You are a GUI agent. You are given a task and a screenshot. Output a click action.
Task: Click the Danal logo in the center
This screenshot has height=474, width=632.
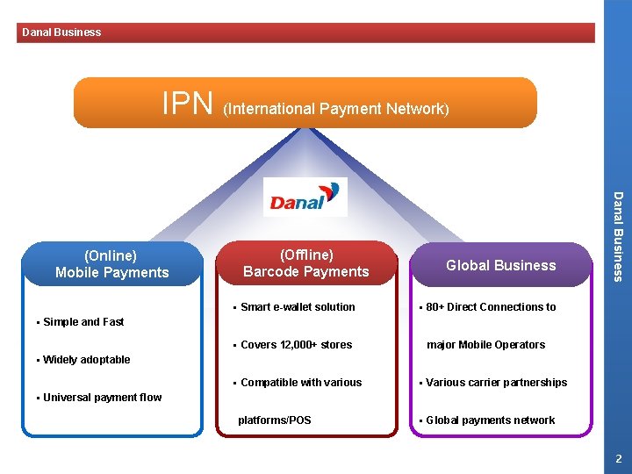[x=305, y=197]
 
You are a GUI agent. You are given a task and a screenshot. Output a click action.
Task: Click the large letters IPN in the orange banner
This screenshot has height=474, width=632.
[x=188, y=104]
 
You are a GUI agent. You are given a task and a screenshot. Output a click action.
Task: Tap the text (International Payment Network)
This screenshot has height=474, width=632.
[x=336, y=109]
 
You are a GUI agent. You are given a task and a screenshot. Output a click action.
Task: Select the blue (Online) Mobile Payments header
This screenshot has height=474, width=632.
[x=111, y=264]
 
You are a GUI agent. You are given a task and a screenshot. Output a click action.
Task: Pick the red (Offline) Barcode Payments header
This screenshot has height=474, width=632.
[x=306, y=263]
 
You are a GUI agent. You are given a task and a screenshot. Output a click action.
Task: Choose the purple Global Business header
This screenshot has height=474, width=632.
[x=500, y=265]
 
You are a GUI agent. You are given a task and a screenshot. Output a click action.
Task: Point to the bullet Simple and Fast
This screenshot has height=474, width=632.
[x=83, y=322]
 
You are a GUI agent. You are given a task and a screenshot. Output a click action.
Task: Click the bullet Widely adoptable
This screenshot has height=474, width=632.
[x=86, y=360]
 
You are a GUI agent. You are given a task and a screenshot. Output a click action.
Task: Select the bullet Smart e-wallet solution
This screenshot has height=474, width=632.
[x=298, y=307]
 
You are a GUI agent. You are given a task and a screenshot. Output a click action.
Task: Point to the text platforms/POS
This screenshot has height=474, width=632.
[x=275, y=420]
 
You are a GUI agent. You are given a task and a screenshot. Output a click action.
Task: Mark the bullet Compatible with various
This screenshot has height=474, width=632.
[x=300, y=383]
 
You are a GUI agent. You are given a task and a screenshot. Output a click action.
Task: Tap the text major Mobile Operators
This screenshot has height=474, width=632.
[x=485, y=345]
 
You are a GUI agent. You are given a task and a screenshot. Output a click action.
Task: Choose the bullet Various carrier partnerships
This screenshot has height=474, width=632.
[x=496, y=383]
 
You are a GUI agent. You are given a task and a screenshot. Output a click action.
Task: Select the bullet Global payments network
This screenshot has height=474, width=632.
[x=490, y=420]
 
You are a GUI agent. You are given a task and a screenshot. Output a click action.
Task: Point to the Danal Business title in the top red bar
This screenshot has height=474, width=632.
[x=61, y=32]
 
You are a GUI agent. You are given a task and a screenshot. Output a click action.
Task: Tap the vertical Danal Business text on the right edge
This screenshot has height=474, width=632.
[x=618, y=237]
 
